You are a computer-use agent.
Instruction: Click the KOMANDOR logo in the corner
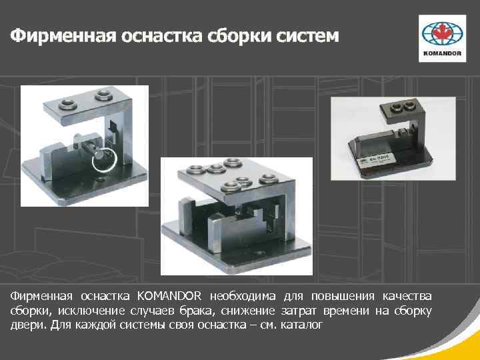coord(442,39)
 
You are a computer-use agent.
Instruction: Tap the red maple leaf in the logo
coord(442,32)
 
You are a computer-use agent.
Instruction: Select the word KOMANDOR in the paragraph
coord(169,296)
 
